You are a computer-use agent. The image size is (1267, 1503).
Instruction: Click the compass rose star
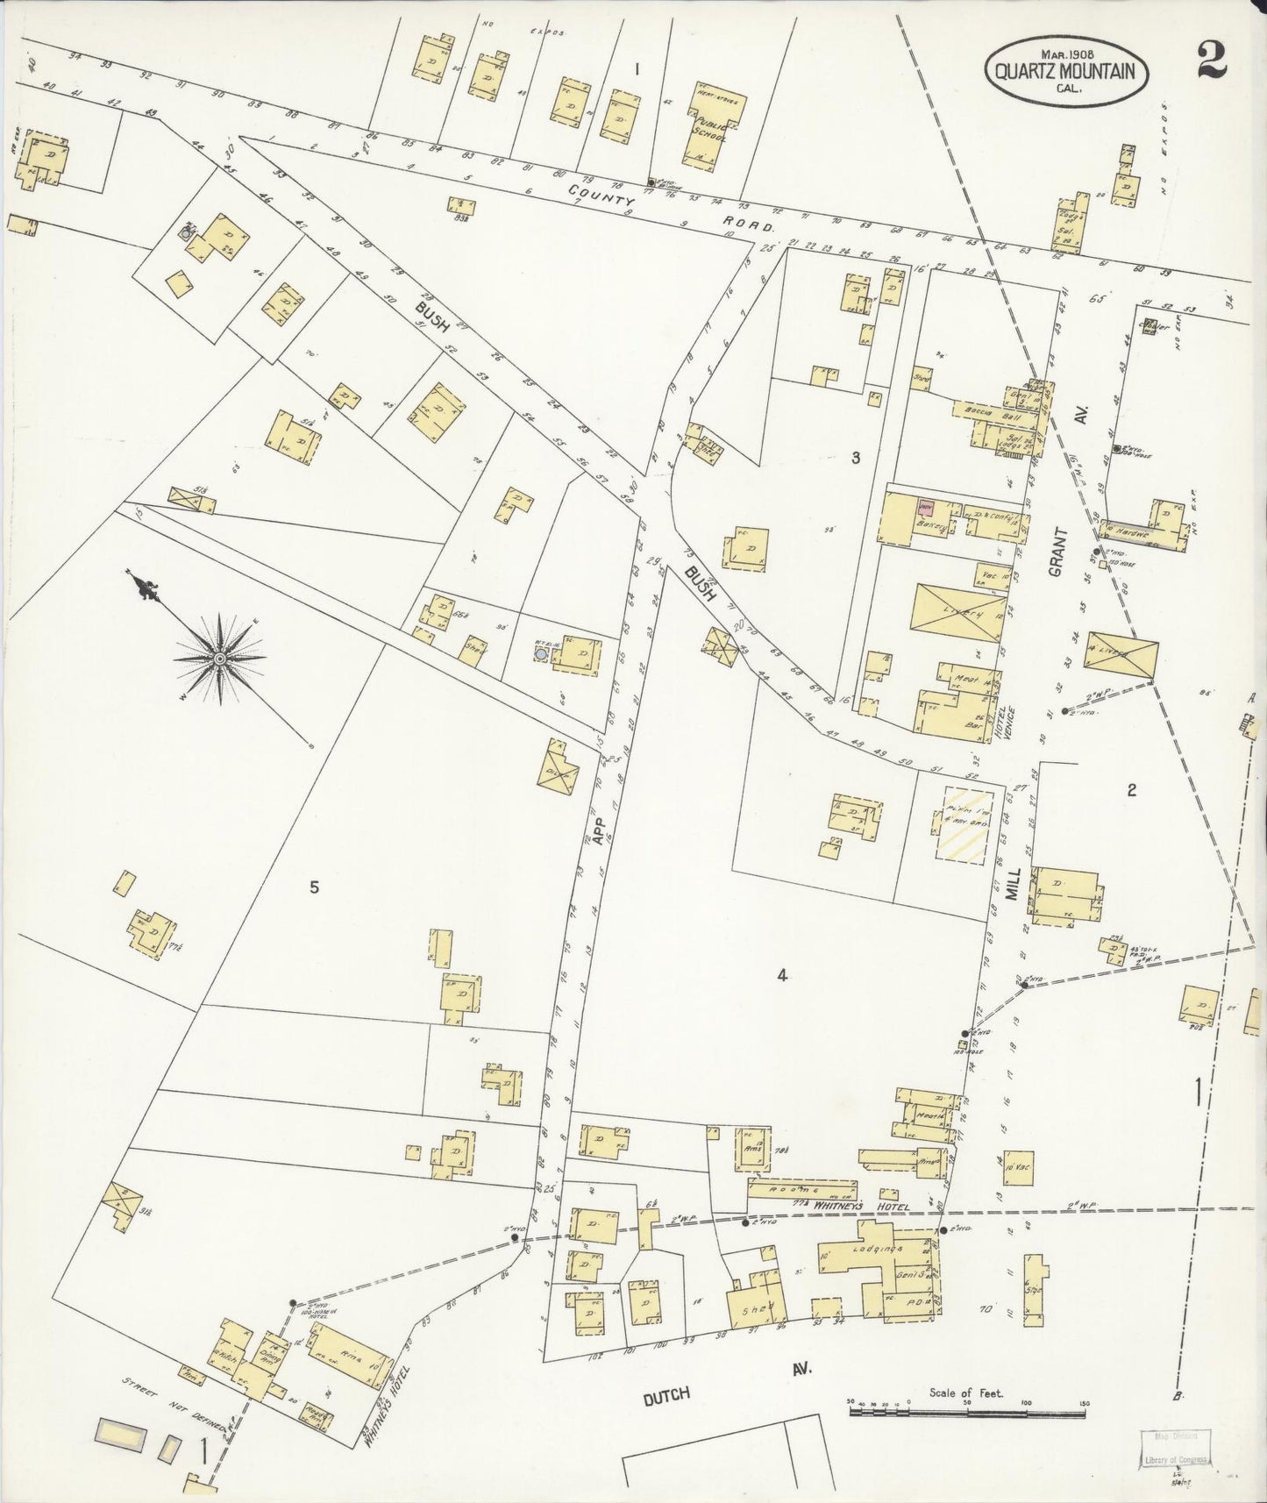click(219, 657)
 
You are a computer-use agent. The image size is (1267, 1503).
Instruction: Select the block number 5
click(313, 887)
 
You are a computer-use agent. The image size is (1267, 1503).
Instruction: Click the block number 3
click(856, 456)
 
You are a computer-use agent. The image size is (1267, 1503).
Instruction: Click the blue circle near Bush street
click(541, 652)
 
